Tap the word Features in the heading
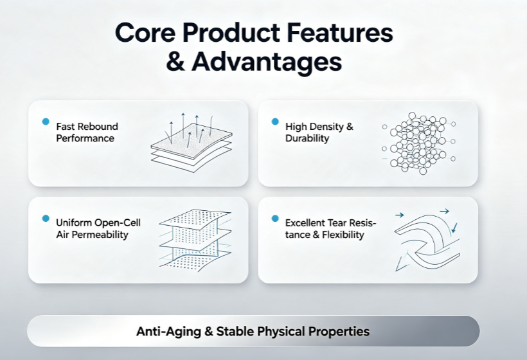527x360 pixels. click(339, 33)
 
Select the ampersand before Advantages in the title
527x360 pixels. click(175, 62)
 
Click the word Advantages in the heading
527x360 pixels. click(267, 62)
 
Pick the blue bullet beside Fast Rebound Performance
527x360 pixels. click(46, 122)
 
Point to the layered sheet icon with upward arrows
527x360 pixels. click(192, 143)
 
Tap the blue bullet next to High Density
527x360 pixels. click(275, 122)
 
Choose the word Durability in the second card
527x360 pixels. click(307, 138)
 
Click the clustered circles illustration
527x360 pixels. click(419, 143)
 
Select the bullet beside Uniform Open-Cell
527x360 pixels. click(46, 219)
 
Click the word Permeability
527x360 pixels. click(100, 235)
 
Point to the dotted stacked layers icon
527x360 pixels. click(195, 240)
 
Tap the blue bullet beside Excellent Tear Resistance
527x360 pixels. click(275, 219)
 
